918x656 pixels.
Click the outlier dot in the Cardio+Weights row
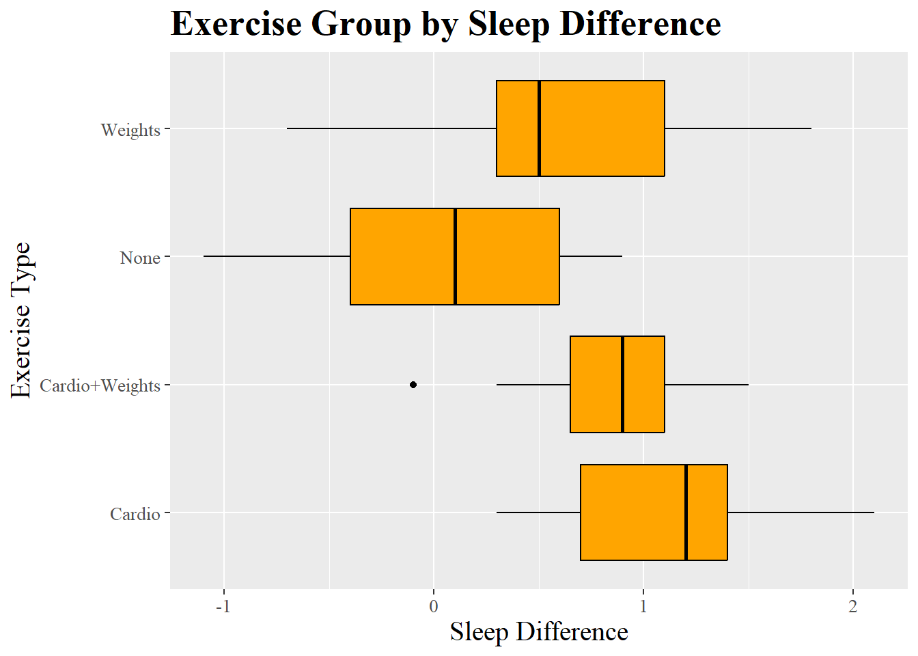(x=413, y=385)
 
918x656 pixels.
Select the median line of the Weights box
(x=539, y=128)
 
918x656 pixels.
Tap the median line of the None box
(x=455, y=256)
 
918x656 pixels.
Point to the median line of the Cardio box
(x=686, y=512)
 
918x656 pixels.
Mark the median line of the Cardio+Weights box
(x=622, y=385)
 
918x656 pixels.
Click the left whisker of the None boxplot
(x=277, y=256)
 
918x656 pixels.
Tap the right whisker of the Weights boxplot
(x=738, y=128)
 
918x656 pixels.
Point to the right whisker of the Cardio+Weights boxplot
(x=706, y=385)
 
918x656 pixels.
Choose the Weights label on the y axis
(x=130, y=130)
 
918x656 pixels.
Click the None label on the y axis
(x=140, y=258)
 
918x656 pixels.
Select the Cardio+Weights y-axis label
(x=100, y=386)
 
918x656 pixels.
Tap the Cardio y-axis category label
(x=135, y=514)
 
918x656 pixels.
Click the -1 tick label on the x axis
(x=223, y=607)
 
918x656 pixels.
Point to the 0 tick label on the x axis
(x=434, y=607)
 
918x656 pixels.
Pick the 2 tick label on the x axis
(x=852, y=607)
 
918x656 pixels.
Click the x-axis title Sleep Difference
(x=539, y=632)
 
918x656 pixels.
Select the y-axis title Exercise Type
(x=22, y=320)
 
